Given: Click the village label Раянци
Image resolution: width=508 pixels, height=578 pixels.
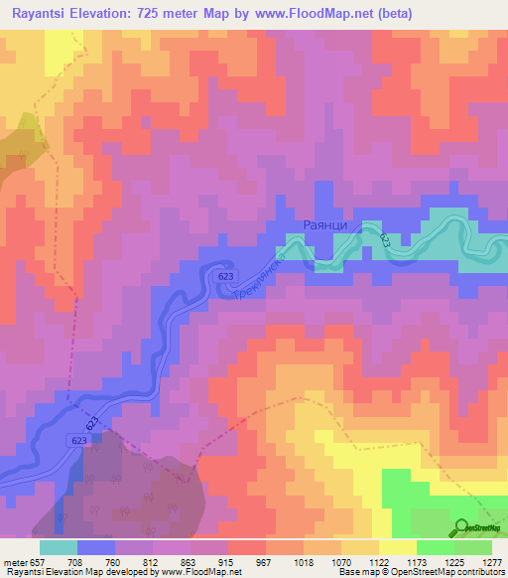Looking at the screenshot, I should [323, 225].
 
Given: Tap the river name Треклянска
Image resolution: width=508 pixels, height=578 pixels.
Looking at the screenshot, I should [260, 277].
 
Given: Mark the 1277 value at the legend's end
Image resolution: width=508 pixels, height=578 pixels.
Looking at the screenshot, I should [488, 561].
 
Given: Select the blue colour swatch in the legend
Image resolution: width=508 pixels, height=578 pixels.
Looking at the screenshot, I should [96, 547].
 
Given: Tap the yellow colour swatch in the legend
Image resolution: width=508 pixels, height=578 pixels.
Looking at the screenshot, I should [398, 547].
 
